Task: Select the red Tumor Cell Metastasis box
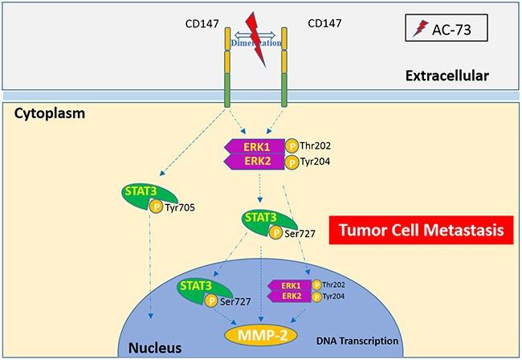point(422,229)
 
